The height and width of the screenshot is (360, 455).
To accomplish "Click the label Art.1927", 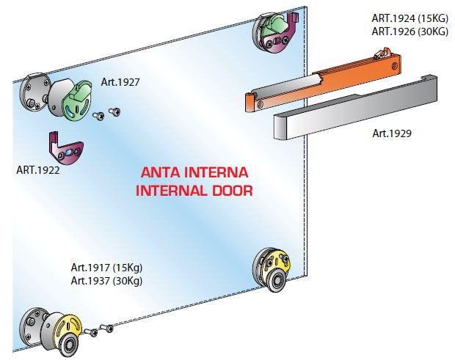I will click(120, 82).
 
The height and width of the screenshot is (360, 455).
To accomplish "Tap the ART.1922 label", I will click(38, 170).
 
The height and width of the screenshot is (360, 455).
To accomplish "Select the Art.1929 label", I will click(392, 133).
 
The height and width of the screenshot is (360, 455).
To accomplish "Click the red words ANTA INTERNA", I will click(194, 173).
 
